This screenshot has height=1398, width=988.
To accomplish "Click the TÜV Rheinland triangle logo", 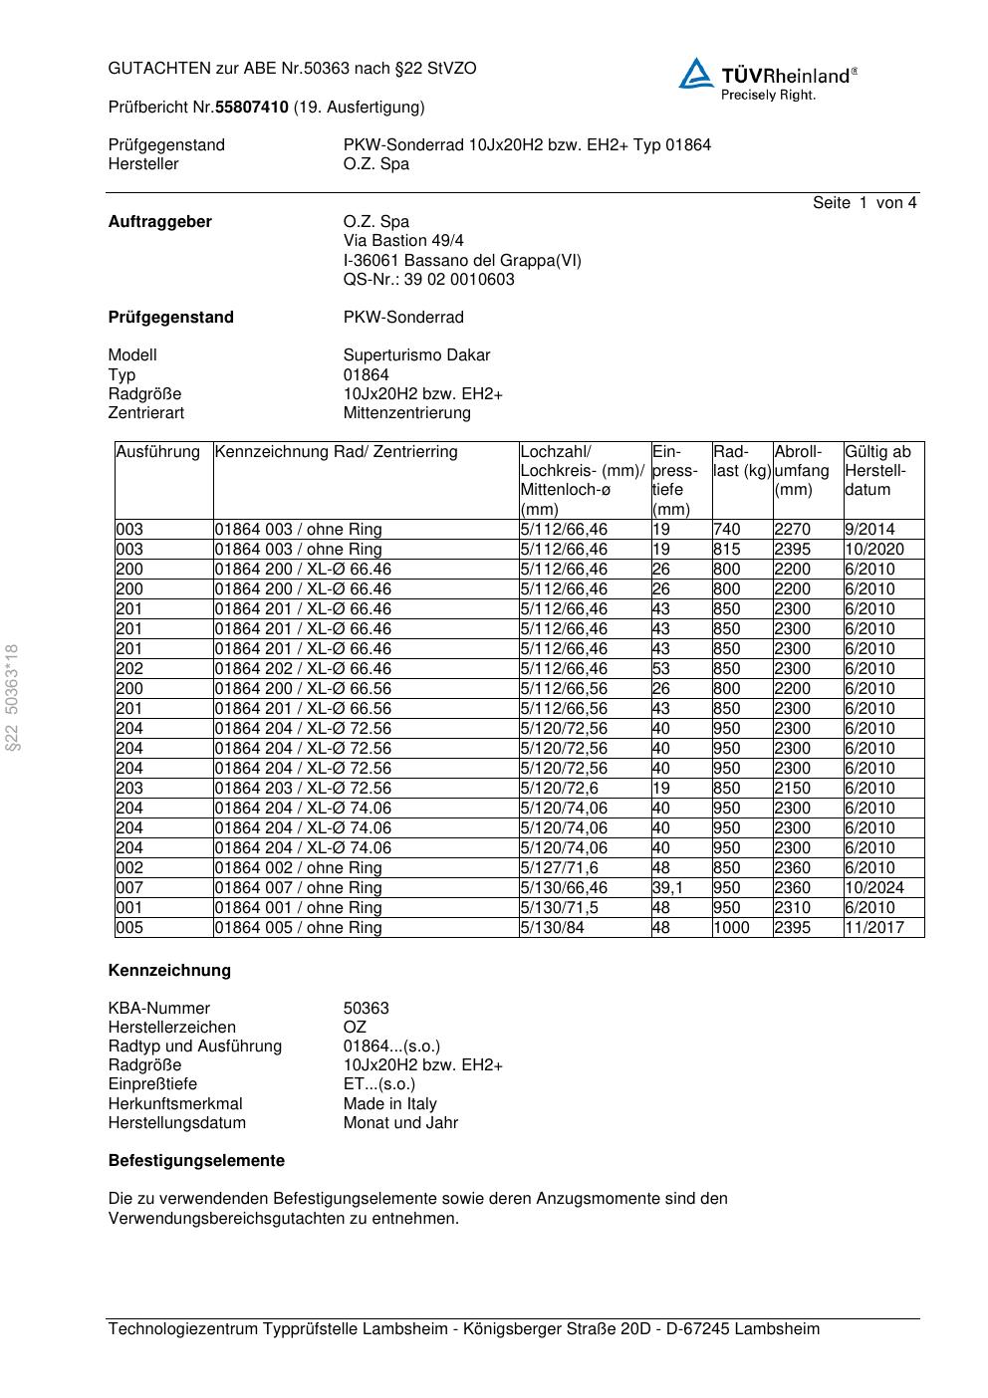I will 696,74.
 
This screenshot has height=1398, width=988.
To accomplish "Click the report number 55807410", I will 252,107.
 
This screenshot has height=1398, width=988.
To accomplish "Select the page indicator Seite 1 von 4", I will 864,203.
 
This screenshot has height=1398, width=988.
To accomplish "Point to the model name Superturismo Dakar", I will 416,355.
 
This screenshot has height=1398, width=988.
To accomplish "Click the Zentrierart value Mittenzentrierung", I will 406,413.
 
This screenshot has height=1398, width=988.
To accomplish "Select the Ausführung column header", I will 158,452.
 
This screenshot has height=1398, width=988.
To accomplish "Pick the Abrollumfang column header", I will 803,471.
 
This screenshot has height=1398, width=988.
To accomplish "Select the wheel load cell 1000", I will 732,928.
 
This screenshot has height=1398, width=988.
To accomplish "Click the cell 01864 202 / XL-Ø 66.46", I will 303,669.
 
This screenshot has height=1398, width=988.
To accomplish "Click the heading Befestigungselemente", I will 196,1161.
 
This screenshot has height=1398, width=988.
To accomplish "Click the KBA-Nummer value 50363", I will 366,1009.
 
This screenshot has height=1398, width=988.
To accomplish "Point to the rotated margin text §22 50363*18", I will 13,698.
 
